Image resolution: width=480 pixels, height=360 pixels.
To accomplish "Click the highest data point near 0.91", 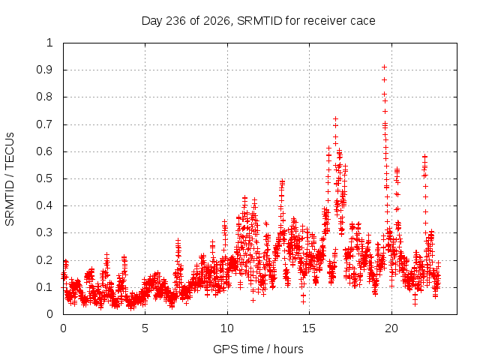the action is pyautogui.click(x=384, y=67).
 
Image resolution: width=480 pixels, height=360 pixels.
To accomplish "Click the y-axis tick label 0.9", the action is pyautogui.click(x=45, y=70).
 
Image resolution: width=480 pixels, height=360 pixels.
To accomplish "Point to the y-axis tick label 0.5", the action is pyautogui.click(x=45, y=178).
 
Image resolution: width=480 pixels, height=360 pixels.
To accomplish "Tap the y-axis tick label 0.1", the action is pyautogui.click(x=45, y=287).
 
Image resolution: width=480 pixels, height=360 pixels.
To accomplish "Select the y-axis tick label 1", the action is pyautogui.click(x=50, y=43).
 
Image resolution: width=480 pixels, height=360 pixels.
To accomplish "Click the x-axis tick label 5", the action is pyautogui.click(x=145, y=328).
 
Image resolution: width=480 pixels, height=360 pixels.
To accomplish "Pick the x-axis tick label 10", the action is pyautogui.click(x=227, y=328).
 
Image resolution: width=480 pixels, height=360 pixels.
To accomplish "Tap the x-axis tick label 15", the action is pyautogui.click(x=309, y=328).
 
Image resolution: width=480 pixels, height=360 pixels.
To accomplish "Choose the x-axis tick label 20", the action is pyautogui.click(x=391, y=328).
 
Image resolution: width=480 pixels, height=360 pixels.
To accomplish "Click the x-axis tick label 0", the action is pyautogui.click(x=63, y=328).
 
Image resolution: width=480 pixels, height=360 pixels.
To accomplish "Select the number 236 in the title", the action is pyautogui.click(x=175, y=21).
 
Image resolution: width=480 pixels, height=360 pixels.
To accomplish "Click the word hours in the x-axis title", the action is pyautogui.click(x=288, y=349).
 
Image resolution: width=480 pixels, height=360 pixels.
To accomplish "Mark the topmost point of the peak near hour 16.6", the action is pyautogui.click(x=335, y=118).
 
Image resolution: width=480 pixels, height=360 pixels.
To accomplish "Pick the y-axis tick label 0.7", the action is pyautogui.click(x=45, y=124).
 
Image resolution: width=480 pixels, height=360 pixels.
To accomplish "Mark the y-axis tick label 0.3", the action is pyautogui.click(x=45, y=232).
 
